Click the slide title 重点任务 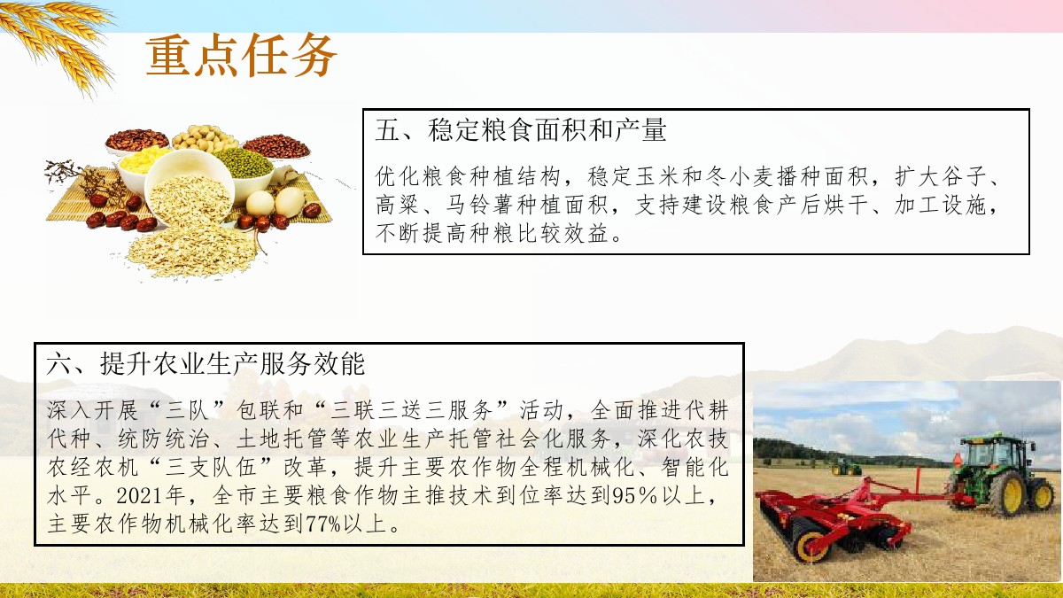[x=241, y=56]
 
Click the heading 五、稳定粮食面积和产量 [x=521, y=130]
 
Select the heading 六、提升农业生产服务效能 [x=206, y=364]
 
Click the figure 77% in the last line [x=323, y=524]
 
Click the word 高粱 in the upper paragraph [x=397, y=205]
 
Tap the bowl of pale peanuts [x=205, y=138]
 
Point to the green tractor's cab [x=992, y=452]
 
